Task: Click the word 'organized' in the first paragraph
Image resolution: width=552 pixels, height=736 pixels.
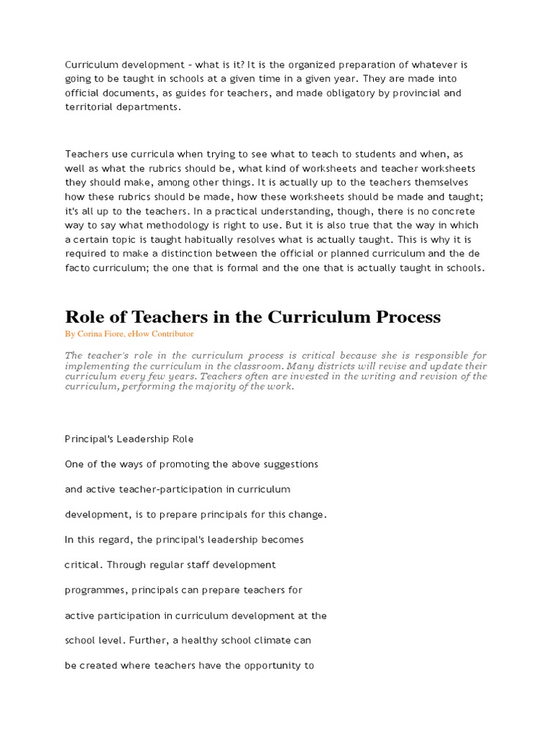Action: (x=282, y=65)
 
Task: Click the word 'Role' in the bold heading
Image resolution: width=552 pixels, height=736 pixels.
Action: (x=87, y=316)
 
